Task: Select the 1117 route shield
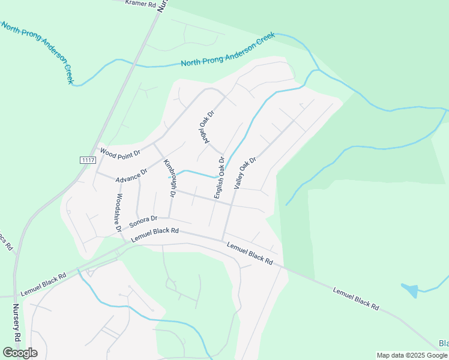click(x=88, y=160)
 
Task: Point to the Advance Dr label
click(x=131, y=176)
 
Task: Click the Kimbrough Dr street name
click(x=169, y=178)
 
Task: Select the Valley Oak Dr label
click(x=245, y=173)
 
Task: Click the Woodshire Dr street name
click(x=119, y=212)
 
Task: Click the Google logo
click(x=20, y=353)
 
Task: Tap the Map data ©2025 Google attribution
click(x=412, y=355)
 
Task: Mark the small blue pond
click(x=411, y=291)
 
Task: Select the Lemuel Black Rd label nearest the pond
click(x=357, y=298)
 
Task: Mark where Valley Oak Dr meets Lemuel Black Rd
click(x=224, y=238)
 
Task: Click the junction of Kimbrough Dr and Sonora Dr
click(x=169, y=218)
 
